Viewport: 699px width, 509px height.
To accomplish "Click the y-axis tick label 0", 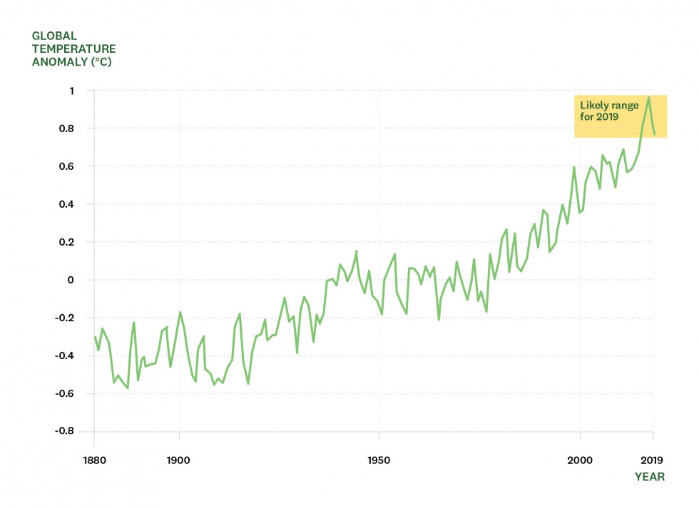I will coord(71,280).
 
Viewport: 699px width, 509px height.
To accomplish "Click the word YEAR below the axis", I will coord(650,477).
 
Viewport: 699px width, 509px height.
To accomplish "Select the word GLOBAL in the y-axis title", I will coord(54,36).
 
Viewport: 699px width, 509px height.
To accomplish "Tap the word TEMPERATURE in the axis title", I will coord(73,49).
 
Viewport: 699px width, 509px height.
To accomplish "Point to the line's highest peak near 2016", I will coord(648,98).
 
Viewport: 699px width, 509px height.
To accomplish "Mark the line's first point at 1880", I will coord(94,336).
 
